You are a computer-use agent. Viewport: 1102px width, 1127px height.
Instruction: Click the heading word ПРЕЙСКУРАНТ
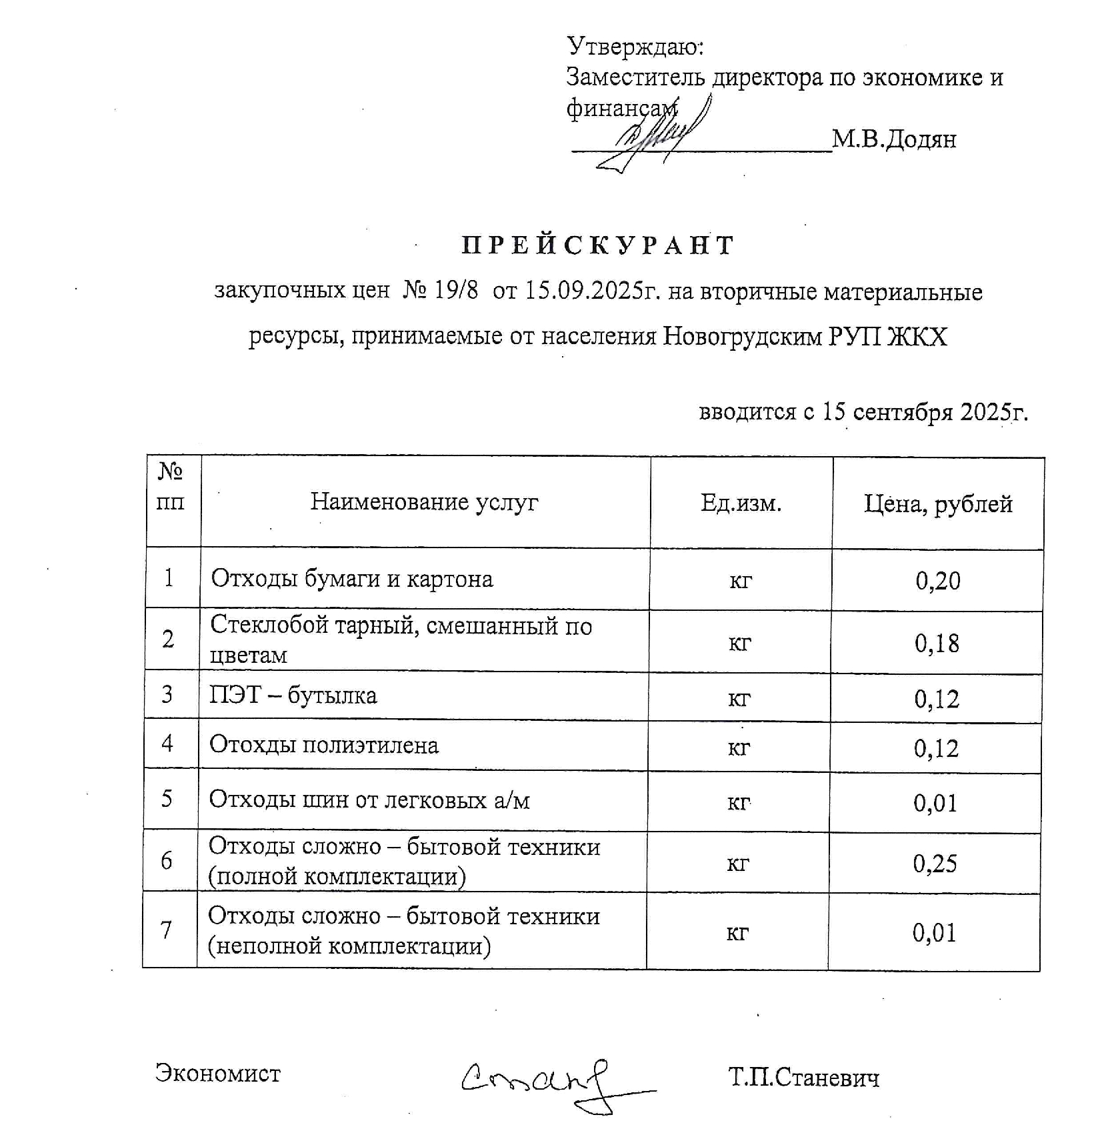click(x=597, y=245)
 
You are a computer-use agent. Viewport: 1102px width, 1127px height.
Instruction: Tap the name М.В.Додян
click(x=894, y=139)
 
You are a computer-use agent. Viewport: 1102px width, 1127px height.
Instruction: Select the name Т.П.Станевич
click(x=804, y=1077)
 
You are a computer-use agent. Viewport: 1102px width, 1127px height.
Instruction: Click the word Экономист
click(x=218, y=1073)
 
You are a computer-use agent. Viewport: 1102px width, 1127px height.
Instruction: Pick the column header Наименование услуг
click(x=424, y=501)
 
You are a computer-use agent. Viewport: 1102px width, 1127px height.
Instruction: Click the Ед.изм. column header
click(x=741, y=503)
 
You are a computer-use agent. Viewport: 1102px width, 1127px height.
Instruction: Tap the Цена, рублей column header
click(x=938, y=504)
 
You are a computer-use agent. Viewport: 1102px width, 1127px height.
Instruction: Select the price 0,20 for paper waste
click(x=938, y=581)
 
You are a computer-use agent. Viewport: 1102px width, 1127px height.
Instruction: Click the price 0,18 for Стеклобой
click(x=937, y=643)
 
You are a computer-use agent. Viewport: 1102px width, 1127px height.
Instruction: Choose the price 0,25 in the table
click(x=935, y=864)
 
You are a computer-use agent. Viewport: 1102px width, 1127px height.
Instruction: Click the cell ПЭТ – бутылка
click(x=293, y=696)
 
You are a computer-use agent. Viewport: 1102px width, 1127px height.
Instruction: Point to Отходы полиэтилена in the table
click(x=324, y=745)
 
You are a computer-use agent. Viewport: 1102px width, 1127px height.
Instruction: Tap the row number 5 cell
click(x=167, y=798)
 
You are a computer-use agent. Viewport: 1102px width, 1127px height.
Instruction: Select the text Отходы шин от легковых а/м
click(x=369, y=799)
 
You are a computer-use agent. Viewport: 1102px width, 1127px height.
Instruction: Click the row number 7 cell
click(x=167, y=930)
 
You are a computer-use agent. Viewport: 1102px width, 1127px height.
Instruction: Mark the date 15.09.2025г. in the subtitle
click(x=593, y=291)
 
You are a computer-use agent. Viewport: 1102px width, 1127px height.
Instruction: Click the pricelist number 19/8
click(x=456, y=291)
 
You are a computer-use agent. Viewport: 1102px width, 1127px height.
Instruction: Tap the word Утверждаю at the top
click(x=635, y=47)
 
